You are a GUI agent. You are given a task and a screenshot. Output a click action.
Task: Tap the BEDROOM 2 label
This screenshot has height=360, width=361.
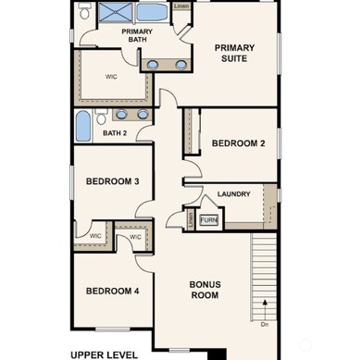(x=239, y=143)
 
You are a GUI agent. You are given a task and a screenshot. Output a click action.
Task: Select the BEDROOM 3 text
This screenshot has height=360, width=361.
(x=112, y=181)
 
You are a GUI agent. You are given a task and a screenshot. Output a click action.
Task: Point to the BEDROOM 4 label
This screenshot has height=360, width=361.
(x=112, y=291)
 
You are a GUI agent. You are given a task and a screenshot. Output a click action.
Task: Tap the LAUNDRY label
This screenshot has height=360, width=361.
(x=234, y=194)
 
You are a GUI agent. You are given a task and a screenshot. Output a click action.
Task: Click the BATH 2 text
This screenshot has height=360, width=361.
(x=115, y=133)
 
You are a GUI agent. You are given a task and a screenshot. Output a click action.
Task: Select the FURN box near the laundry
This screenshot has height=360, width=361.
(x=208, y=220)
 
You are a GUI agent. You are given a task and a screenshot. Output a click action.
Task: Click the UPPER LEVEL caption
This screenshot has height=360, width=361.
(x=105, y=354)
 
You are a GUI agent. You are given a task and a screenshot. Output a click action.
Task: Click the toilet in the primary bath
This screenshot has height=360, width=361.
(x=84, y=12)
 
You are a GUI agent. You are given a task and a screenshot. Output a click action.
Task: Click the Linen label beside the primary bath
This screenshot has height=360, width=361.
(x=181, y=6)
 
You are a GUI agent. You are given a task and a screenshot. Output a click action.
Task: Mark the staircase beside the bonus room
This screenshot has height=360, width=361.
(x=266, y=274)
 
